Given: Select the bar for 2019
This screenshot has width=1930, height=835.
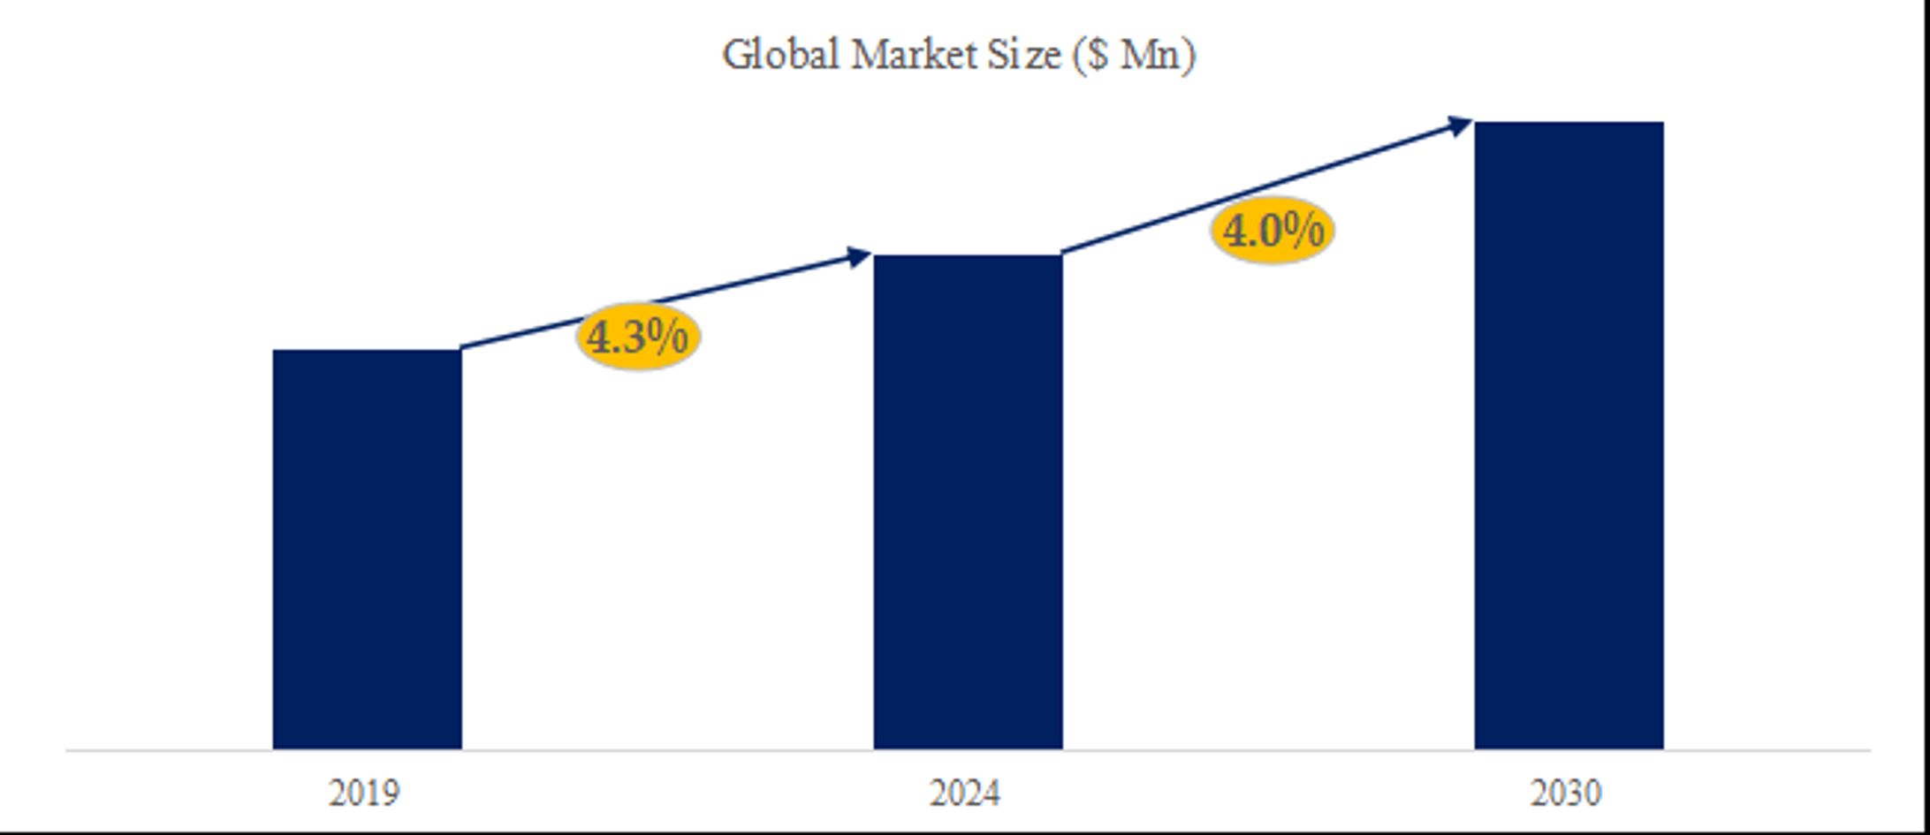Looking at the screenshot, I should click(367, 549).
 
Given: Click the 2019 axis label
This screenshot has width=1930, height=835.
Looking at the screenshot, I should click(364, 793).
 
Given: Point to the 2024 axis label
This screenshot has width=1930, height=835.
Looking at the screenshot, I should click(965, 793).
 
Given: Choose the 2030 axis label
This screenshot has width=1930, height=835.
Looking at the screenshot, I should click(1566, 793).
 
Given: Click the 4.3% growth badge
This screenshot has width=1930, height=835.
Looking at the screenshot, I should click(638, 337).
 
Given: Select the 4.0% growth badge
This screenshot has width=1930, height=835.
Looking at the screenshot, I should click(1273, 231).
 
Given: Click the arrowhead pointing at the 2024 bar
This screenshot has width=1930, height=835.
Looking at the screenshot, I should click(859, 257).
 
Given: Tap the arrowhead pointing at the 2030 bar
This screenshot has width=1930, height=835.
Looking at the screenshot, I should click(1458, 125).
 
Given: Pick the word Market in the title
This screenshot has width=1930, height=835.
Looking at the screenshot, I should click(912, 55).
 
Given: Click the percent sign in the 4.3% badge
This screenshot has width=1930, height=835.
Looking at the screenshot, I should click(667, 337).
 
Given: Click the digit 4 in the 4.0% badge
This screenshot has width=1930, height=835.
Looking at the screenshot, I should click(1235, 232).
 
